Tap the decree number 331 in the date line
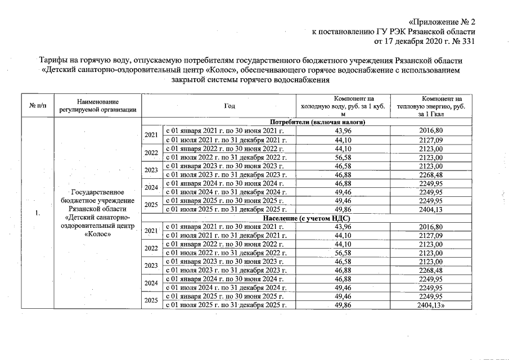pos(468,41)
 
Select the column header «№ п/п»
pos(35,106)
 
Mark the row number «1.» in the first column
pos(38,213)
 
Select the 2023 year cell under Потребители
pos(151,170)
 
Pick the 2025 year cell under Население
pos(151,300)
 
